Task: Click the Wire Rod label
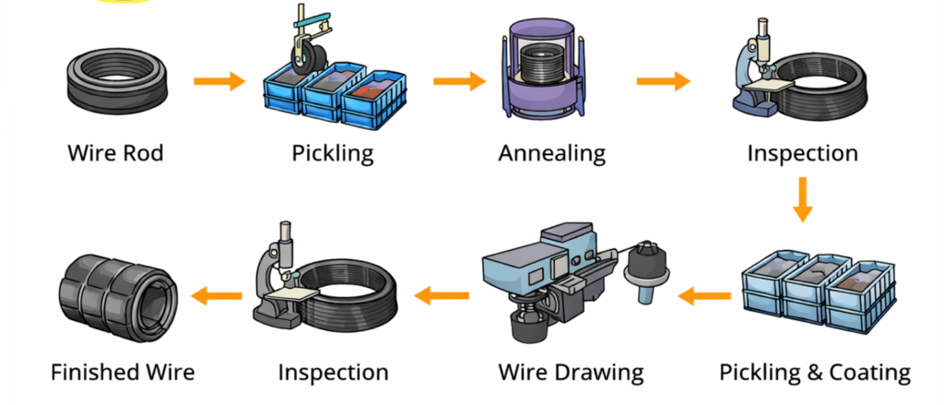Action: click(115, 151)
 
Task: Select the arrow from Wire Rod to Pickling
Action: click(219, 81)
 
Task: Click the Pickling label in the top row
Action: click(333, 151)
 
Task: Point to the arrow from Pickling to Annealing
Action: click(459, 81)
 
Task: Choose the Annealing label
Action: click(552, 151)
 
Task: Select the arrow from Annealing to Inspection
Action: click(663, 81)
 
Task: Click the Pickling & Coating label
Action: click(814, 373)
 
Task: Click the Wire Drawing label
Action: click(571, 373)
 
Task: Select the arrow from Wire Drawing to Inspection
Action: click(442, 296)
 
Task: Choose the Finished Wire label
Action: click(123, 373)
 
